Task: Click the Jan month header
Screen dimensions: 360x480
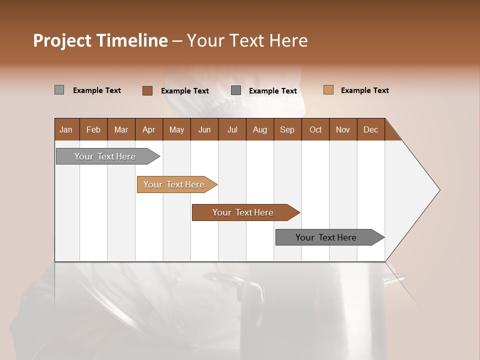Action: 66,129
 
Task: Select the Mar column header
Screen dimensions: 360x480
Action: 121,129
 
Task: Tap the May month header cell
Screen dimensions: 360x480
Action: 176,129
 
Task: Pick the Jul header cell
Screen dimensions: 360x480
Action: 232,129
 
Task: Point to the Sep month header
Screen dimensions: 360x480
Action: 287,129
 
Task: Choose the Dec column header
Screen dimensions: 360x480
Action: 370,129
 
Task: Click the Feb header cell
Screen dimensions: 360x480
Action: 93,129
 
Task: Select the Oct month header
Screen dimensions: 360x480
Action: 315,129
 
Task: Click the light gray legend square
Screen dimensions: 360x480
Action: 59,90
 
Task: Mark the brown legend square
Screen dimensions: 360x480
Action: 147,90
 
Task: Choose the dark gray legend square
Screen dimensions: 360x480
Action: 236,90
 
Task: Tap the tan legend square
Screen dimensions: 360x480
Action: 328,90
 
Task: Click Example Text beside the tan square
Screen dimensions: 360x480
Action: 364,90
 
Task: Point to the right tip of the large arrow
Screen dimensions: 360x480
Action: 439,190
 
